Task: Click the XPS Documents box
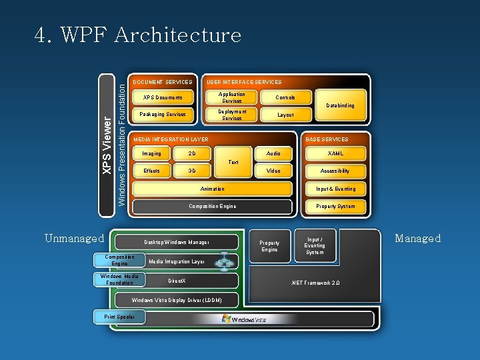click(x=163, y=98)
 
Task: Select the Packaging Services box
click(x=163, y=115)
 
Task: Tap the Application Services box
click(x=231, y=98)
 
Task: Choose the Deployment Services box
click(x=231, y=115)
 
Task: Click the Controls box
click(x=285, y=97)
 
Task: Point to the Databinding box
click(x=340, y=105)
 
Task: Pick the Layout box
click(x=285, y=115)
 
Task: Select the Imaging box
click(x=151, y=154)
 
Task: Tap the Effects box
click(x=151, y=171)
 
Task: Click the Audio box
click(x=273, y=154)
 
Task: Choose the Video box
click(x=273, y=171)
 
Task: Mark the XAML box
click(x=335, y=154)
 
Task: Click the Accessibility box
click(x=335, y=171)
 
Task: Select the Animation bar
click(x=212, y=189)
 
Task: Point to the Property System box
click(x=335, y=207)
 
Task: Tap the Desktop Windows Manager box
click(x=177, y=242)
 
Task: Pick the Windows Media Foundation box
click(x=119, y=279)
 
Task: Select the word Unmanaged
click(x=74, y=238)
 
